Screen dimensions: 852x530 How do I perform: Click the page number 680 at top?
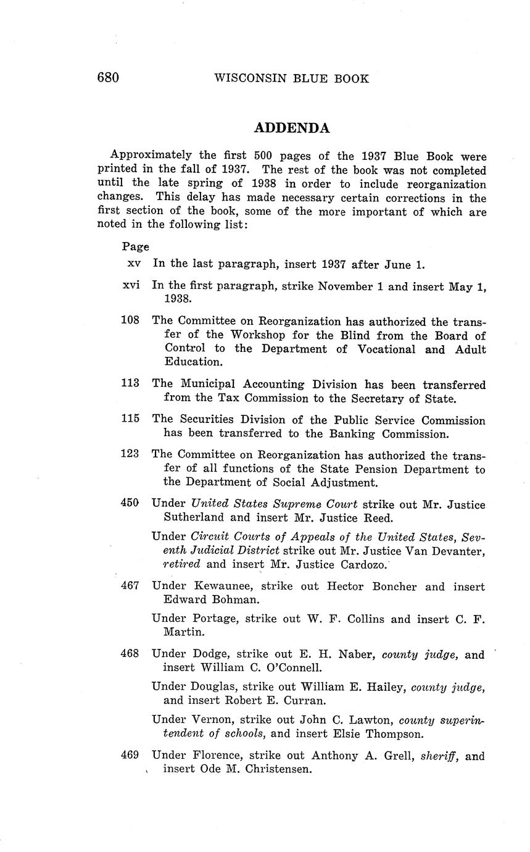pos(107,78)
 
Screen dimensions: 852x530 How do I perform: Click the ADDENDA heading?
pos(292,128)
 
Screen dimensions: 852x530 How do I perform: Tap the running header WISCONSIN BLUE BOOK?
pos(291,78)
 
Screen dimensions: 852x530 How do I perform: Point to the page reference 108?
pos(130,320)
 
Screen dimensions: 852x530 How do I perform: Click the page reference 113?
pos(130,384)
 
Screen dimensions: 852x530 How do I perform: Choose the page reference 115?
pos(130,420)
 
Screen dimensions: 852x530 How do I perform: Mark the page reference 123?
pos(130,455)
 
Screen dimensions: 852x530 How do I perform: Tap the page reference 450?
pos(130,504)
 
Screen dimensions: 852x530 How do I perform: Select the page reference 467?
pos(130,586)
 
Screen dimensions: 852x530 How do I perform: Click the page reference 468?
pos(130,654)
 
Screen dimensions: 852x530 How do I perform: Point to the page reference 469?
pos(130,755)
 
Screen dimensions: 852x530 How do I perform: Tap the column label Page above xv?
pos(135,247)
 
